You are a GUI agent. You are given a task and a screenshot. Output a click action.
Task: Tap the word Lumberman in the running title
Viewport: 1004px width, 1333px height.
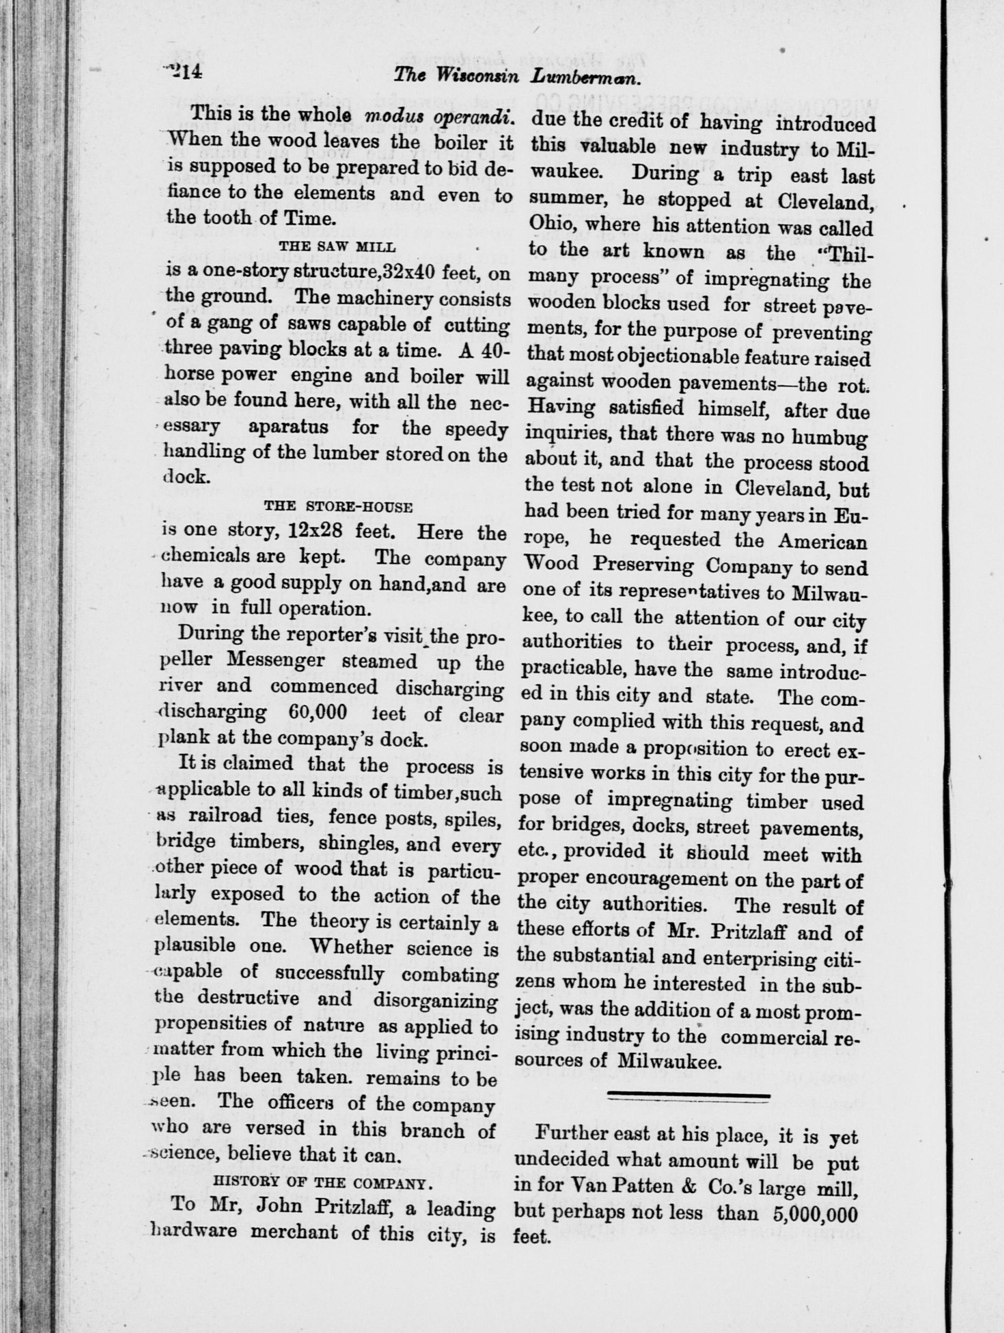tap(585, 77)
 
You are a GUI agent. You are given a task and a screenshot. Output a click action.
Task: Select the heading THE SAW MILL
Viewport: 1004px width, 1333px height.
tap(337, 246)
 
